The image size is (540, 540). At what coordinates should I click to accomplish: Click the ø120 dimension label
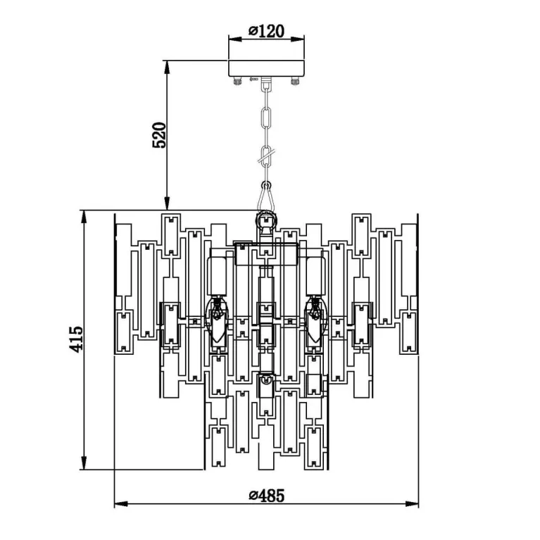pyautogui.click(x=265, y=31)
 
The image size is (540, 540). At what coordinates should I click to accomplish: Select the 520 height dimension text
pyautogui.click(x=160, y=134)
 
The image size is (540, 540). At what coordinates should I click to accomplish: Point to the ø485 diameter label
pyautogui.click(x=267, y=496)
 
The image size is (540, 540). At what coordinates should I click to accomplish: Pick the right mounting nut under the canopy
pyautogui.click(x=294, y=81)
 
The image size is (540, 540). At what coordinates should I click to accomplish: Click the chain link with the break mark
pyautogui.click(x=266, y=156)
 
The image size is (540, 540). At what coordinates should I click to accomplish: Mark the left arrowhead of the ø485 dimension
pyautogui.click(x=119, y=504)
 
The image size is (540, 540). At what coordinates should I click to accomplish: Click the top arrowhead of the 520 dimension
pyautogui.click(x=167, y=65)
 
